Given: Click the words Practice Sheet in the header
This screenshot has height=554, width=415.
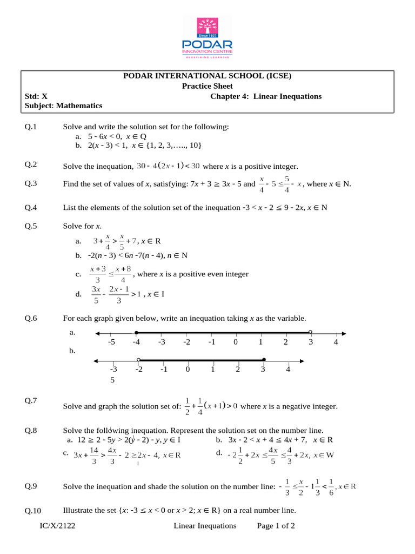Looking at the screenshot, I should tap(207, 86).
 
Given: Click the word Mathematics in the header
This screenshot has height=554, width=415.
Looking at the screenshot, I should tap(79, 106).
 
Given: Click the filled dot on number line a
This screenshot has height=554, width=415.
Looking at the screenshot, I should tap(136, 333).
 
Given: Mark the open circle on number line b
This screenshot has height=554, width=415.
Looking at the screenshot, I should tap(139, 360).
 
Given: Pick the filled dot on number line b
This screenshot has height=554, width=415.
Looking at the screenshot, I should tap(264, 360).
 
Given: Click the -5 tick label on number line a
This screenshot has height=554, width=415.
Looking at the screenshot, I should tap(111, 342).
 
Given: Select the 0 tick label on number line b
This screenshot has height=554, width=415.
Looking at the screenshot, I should tap(188, 370).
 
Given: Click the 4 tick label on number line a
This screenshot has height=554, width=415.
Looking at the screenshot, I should tap(336, 342).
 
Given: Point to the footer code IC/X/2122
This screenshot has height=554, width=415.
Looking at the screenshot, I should tap(57, 525).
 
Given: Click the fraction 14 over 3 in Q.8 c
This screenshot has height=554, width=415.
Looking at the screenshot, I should tap(93, 455).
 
